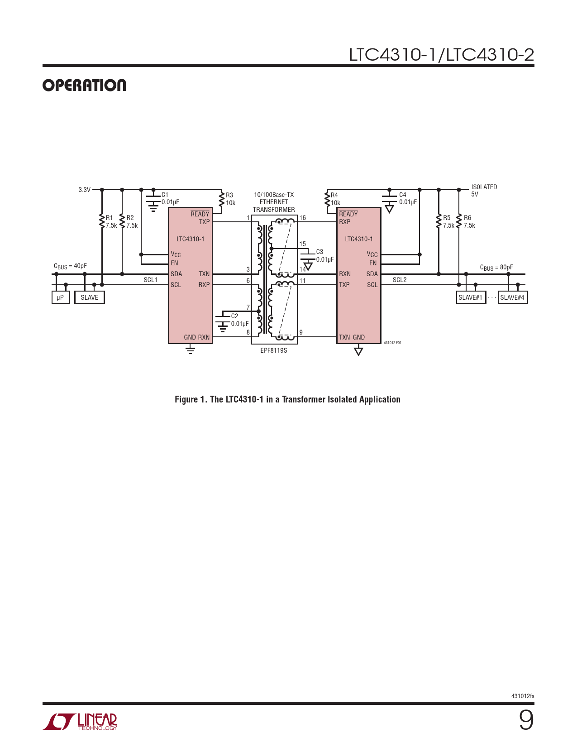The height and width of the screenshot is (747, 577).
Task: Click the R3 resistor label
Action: tap(229, 195)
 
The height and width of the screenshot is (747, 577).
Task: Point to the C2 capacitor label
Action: tap(234, 316)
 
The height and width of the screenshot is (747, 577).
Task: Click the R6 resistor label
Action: tap(467, 218)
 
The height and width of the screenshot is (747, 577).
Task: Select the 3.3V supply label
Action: tap(84, 190)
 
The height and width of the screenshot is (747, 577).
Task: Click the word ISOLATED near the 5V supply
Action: tap(484, 187)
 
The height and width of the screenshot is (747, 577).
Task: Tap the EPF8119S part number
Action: tap(273, 350)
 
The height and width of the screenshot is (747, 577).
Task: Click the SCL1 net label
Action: tap(151, 280)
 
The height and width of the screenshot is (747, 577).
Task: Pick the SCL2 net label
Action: tap(400, 280)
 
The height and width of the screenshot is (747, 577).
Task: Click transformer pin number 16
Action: tap(302, 218)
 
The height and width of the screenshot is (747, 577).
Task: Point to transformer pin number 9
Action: tap(301, 332)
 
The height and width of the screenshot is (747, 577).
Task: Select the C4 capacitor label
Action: tap(402, 195)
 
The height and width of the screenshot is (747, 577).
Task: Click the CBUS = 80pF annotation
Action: tap(496, 268)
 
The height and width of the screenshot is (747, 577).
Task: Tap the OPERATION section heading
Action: tap(84, 85)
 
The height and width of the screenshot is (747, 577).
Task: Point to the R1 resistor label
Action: tap(109, 218)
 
